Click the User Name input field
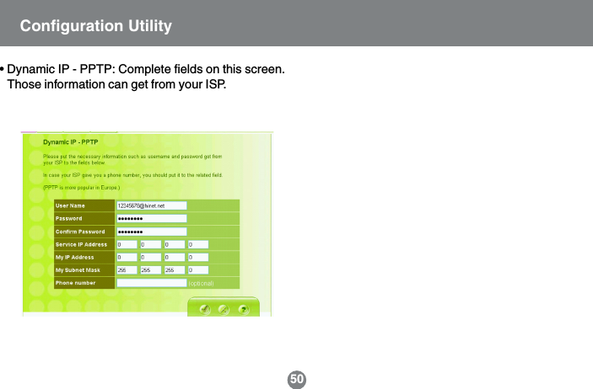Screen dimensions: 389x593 coord(150,205)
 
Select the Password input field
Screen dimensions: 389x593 coord(150,218)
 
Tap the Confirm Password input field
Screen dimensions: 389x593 coord(150,231)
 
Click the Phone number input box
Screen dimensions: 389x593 coord(150,283)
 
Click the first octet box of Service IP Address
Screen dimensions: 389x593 coord(126,244)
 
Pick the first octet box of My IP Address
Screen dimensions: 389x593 coord(126,257)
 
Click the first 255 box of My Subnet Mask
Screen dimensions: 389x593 coord(126,270)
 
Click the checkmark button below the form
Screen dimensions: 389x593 coord(205,309)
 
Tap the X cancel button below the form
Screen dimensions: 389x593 coord(224,309)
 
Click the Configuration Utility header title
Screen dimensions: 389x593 coord(95,26)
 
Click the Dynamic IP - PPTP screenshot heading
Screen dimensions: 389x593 coord(71,142)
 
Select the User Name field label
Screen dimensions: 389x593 coord(71,205)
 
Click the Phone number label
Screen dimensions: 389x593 coord(76,283)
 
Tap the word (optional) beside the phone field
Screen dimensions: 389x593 coord(201,284)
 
